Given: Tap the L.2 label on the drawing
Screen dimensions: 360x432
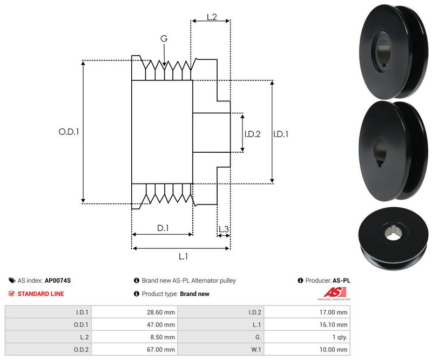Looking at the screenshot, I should coord(212,17).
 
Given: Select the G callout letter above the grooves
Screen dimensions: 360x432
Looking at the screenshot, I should coord(164,38).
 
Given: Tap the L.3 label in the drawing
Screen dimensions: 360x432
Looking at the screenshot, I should coord(224,229).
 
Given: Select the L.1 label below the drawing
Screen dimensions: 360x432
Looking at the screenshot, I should coord(183,256).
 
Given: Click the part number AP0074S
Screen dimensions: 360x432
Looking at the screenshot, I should coord(58,281).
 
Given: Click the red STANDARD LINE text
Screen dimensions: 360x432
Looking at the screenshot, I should coord(40,294).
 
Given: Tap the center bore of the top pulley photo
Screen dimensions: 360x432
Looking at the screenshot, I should coord(383,55).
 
